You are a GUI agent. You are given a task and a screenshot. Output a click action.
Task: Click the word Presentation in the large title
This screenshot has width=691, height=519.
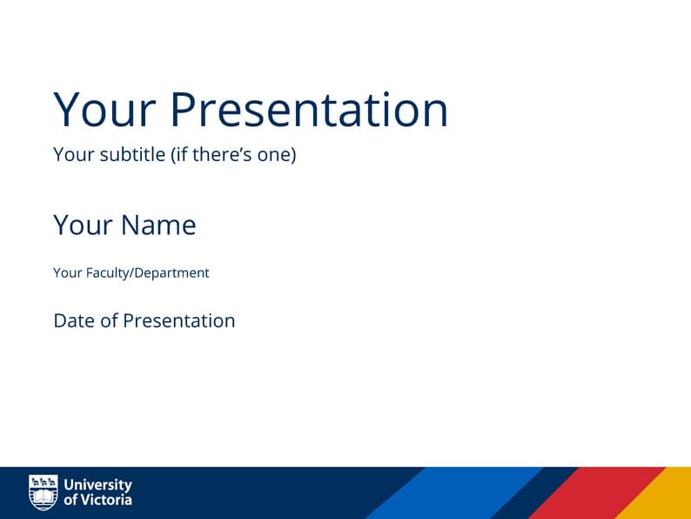tap(309, 110)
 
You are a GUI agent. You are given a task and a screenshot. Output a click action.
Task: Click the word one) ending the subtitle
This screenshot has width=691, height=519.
tap(278, 155)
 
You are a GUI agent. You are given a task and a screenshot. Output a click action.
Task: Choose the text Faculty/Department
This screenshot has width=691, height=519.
tap(147, 273)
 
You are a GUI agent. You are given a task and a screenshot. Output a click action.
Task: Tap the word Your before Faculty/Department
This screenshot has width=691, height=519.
tap(67, 273)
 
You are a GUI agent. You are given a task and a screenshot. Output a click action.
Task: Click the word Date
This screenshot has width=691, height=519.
tap(74, 320)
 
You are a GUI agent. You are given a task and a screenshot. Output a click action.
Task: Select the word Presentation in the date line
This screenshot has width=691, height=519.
tap(178, 320)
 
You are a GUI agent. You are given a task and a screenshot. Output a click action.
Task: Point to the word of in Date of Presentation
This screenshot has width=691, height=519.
tap(109, 320)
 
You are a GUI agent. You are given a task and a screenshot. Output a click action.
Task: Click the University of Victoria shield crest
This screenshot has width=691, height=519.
tap(44, 492)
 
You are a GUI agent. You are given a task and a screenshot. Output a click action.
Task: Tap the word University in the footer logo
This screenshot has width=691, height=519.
tap(98, 484)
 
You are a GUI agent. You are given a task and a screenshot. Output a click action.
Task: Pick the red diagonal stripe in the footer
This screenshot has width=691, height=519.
tap(596, 494)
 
